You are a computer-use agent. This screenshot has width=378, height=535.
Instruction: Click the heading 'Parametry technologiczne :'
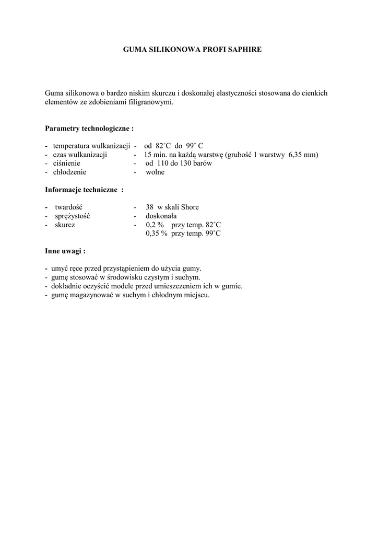coord(89,128)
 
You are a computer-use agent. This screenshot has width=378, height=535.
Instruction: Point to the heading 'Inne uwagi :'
coord(65,251)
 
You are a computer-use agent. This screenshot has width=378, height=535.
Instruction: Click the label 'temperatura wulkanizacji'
coord(91,146)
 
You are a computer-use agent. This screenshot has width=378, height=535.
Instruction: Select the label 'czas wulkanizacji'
coord(80,155)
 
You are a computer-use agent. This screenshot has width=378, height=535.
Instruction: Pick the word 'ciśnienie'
coord(66,163)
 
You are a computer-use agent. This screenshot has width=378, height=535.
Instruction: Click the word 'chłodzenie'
coord(69,172)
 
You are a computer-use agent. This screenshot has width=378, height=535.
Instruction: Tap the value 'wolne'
coord(155,172)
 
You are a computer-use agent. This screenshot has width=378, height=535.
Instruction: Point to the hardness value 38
coord(150,207)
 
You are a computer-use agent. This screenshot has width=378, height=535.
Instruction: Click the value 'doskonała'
coord(161,216)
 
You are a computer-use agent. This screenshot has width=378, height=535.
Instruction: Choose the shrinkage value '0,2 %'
coord(155,225)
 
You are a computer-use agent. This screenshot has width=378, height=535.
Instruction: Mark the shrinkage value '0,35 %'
coord(157,234)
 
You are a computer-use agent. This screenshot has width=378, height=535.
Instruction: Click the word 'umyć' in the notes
coord(60,269)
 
